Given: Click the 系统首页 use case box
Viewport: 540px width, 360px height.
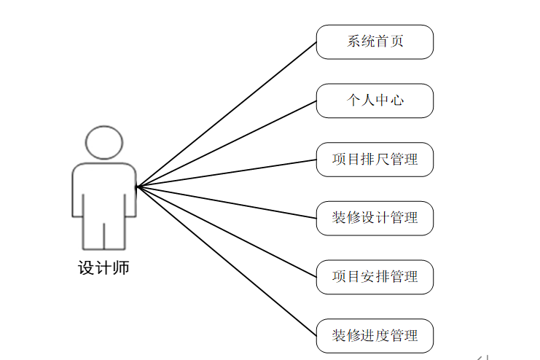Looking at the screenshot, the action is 375,42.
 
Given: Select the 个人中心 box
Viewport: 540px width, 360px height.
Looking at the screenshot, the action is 375,101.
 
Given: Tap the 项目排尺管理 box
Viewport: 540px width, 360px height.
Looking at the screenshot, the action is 375,159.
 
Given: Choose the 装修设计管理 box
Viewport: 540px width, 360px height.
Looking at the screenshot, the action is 375,218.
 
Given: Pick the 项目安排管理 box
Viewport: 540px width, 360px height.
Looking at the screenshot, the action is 375,277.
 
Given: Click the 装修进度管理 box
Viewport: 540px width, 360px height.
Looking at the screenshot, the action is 375,336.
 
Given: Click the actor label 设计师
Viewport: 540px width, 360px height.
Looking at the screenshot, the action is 103,267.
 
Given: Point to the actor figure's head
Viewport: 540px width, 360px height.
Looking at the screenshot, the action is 103,143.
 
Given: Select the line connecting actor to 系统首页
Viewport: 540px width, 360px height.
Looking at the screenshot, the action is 226,114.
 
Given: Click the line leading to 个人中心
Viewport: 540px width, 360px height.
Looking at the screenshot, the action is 226,144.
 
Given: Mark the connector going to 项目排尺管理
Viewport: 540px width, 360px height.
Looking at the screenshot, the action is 226,173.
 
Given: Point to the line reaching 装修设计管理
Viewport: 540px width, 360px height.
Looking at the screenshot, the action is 226,202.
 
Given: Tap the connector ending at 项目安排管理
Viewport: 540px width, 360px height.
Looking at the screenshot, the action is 226,231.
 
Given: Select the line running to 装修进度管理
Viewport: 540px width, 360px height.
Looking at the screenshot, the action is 226,260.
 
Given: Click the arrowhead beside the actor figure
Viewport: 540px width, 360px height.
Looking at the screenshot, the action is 139,187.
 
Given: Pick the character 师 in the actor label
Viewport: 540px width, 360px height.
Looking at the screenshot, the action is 121,267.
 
